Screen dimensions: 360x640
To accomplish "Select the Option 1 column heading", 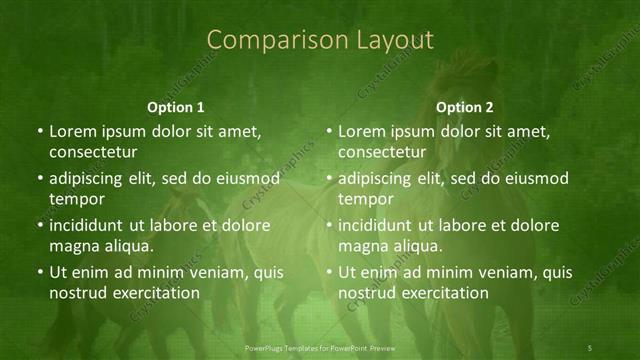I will click(176, 107).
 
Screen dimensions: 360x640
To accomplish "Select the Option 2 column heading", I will click(465, 107).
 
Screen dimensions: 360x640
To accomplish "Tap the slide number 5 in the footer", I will click(590, 347).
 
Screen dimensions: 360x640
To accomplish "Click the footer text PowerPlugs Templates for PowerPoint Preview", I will click(319, 347).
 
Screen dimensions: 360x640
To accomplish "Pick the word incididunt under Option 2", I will click(379, 225).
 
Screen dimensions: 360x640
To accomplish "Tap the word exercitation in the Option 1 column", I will click(155, 293).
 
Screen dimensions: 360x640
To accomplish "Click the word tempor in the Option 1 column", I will click(74, 199).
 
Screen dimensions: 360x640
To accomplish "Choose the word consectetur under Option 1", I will click(94, 152).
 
